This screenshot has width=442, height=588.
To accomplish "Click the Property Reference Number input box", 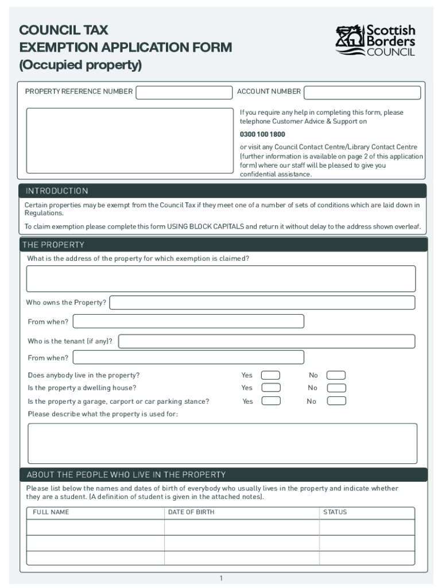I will [x=184, y=92].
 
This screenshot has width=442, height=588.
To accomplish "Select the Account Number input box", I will [x=362, y=92].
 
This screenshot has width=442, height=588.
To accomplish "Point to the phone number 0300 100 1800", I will [x=262, y=134].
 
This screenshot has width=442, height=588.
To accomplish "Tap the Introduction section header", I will [x=56, y=191].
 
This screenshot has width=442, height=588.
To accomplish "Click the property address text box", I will [x=221, y=278].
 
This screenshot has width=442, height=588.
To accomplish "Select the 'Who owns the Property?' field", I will [x=262, y=303].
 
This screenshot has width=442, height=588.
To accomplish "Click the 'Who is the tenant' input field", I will [x=266, y=341].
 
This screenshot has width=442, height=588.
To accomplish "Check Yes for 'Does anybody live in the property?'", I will [x=270, y=376].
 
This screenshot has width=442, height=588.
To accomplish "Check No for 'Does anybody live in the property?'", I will [x=336, y=376].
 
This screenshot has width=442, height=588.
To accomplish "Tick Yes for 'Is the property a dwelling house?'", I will [x=270, y=388].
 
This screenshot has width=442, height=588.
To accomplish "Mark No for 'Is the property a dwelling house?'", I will [x=336, y=388].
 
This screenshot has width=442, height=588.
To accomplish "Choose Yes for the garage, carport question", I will [x=270, y=401].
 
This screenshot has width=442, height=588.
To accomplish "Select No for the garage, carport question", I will [x=336, y=401].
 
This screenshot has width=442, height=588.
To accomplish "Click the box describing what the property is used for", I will [x=222, y=443].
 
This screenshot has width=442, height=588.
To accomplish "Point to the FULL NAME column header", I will [x=51, y=512].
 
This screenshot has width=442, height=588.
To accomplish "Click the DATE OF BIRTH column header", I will [x=191, y=512].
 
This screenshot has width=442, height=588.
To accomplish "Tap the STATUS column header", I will [x=335, y=512].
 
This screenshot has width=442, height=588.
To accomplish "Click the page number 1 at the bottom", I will [x=221, y=578].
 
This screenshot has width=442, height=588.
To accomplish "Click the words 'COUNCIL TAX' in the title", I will [x=63, y=30].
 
